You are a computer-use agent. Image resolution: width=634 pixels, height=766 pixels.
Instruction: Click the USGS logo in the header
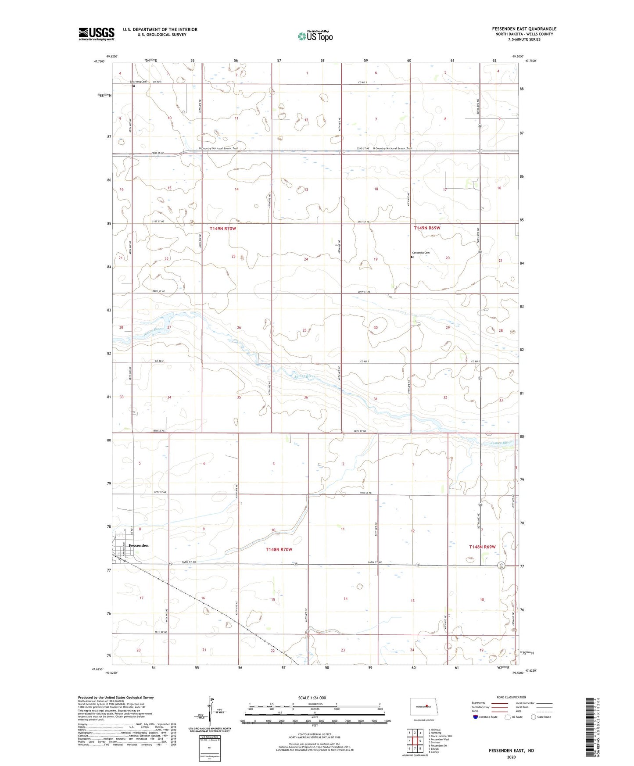point(97,33)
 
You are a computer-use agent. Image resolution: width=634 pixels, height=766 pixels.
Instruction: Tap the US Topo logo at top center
point(315,36)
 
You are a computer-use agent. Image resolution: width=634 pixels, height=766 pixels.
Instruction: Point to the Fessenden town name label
point(139,545)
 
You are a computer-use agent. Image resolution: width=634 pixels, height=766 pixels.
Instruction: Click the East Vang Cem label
point(138,82)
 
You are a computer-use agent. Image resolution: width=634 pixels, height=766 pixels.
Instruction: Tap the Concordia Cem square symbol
point(412,258)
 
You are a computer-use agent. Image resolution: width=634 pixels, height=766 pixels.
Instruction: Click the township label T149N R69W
point(427,228)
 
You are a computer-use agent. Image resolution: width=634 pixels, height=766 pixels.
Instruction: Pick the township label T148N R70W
point(279,549)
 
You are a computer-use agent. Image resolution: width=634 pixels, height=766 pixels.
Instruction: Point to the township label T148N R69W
point(482,547)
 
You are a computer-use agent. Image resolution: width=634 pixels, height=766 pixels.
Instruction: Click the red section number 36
point(306,397)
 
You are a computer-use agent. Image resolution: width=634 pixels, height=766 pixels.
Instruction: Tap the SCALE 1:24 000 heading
point(312,698)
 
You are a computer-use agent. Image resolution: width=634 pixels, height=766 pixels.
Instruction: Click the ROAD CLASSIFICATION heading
point(511,697)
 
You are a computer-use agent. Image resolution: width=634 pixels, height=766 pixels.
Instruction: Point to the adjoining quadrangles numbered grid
point(415,741)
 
